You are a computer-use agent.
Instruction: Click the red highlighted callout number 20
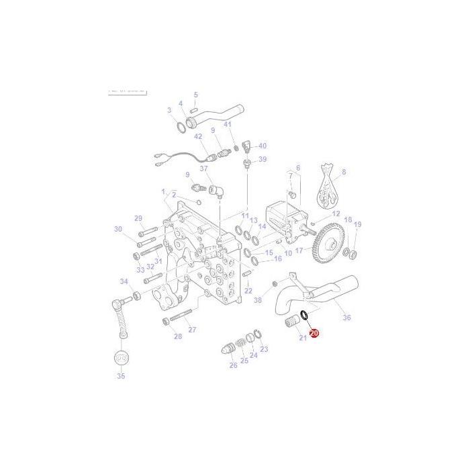[x=314, y=332]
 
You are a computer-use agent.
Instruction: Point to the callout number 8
[x=344, y=173]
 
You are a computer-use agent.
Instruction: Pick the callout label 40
[x=262, y=146]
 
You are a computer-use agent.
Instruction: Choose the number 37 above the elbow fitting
[x=203, y=169]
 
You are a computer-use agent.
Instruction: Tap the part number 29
[x=138, y=218]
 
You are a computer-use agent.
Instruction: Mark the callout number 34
[x=124, y=281]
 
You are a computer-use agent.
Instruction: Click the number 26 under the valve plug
[x=233, y=365]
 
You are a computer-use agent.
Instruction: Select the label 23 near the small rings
[x=264, y=349]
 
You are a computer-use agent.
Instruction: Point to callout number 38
[x=258, y=300]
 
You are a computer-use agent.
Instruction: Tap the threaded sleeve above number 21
[x=291, y=324]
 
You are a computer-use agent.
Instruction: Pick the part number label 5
[x=195, y=95]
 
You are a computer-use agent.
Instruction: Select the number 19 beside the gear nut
[x=357, y=224]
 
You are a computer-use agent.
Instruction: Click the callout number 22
[x=248, y=291]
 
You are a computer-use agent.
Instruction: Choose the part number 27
[x=192, y=330]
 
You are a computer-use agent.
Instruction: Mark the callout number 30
[x=118, y=229]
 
